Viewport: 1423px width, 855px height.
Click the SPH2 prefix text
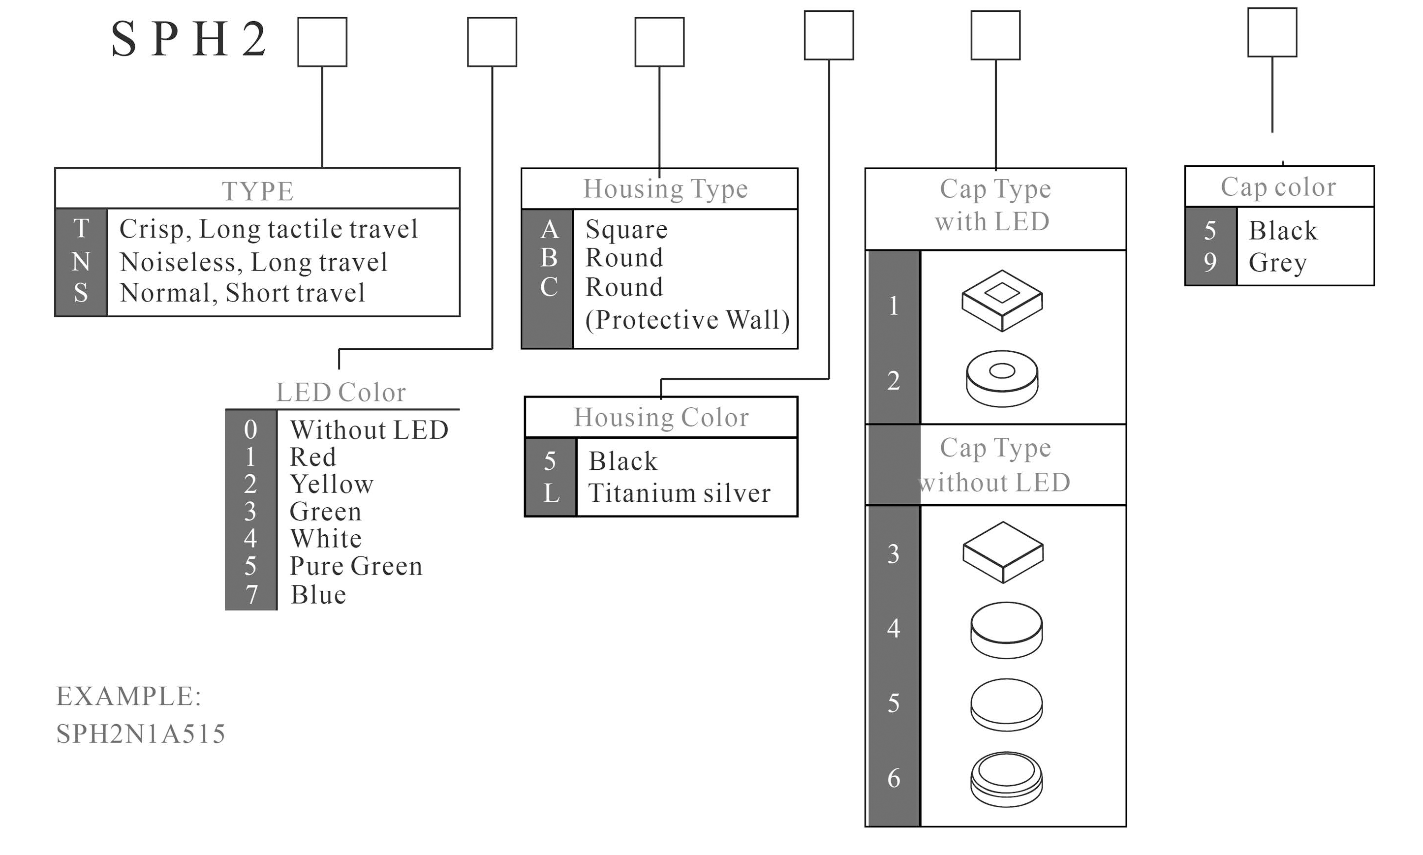(x=189, y=39)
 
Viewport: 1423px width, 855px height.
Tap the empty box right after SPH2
(x=322, y=42)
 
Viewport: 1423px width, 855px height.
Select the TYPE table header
(x=257, y=191)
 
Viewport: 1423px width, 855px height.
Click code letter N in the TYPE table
(x=81, y=262)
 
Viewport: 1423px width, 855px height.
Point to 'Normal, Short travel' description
(x=242, y=293)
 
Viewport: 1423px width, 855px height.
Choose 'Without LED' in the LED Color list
(x=369, y=430)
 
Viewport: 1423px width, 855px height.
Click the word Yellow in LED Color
(x=331, y=484)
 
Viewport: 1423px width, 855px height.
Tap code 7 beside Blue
(x=251, y=595)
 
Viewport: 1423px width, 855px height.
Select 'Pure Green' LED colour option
(x=355, y=566)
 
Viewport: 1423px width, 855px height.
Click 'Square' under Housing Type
(x=626, y=229)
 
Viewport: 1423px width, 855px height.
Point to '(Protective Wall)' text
(x=687, y=320)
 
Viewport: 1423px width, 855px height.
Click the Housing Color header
(x=661, y=417)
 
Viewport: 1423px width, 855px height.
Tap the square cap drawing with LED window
(x=1002, y=300)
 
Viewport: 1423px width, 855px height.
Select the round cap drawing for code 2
(x=1002, y=379)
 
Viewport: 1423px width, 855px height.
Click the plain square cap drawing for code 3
(x=1003, y=552)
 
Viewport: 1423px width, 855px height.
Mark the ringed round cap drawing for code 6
(x=1006, y=779)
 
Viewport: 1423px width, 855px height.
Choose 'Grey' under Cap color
(x=1277, y=263)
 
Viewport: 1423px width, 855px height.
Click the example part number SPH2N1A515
(x=141, y=734)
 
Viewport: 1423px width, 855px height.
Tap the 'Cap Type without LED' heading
(x=995, y=465)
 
